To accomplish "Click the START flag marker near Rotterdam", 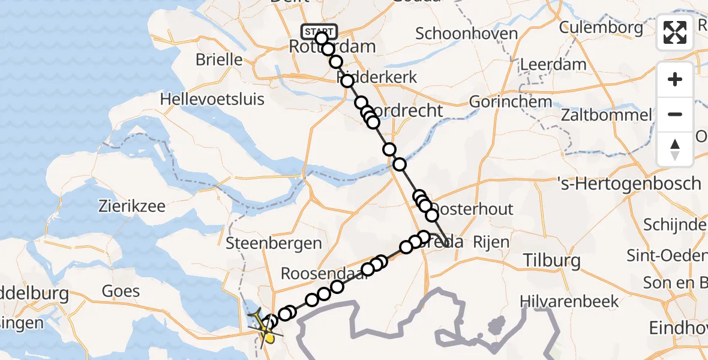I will (319, 31).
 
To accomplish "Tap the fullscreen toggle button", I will (675, 32).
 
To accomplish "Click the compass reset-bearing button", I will (675, 149).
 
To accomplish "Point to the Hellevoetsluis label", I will (206, 99).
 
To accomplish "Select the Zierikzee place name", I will (131, 207).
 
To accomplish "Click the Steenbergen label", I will (274, 244).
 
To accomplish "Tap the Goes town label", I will (121, 292).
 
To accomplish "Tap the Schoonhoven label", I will (466, 34).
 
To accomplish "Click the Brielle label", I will (219, 60).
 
